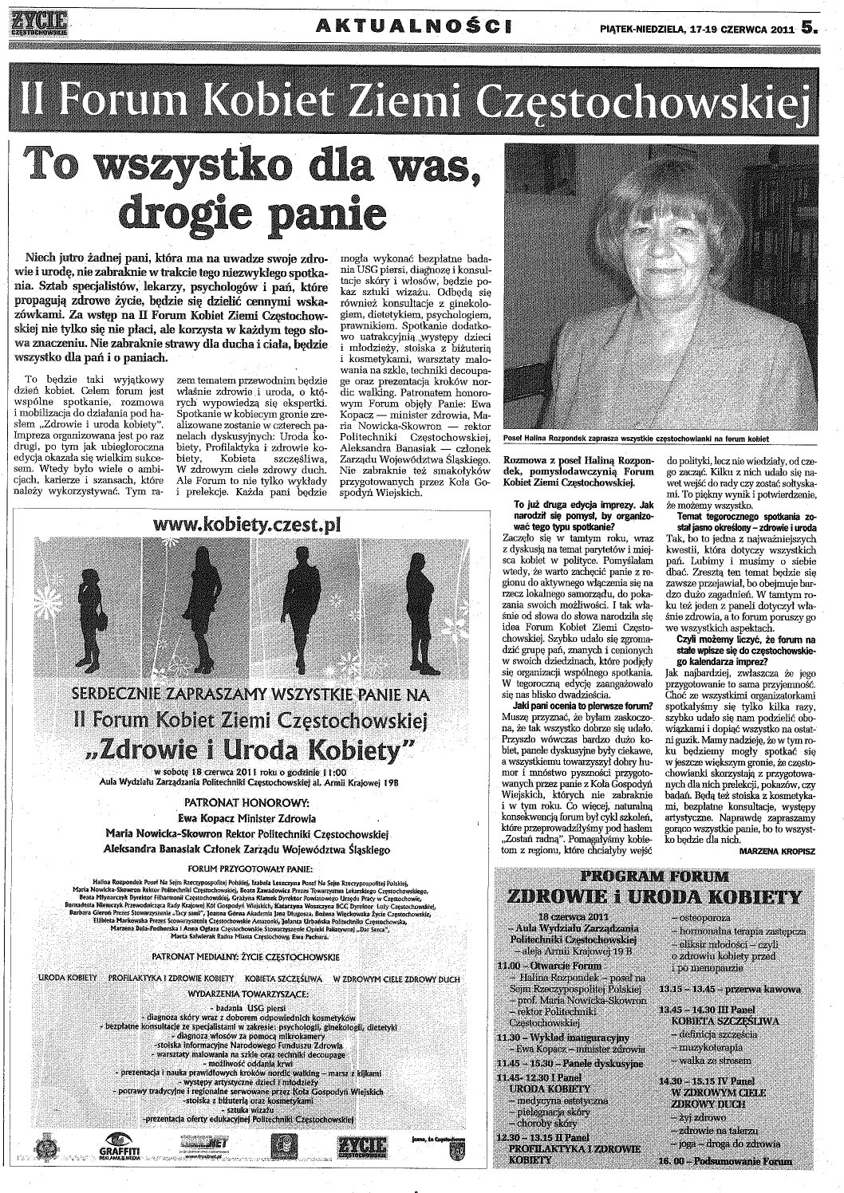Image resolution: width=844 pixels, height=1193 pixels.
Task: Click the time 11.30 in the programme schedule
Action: tap(507, 1038)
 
